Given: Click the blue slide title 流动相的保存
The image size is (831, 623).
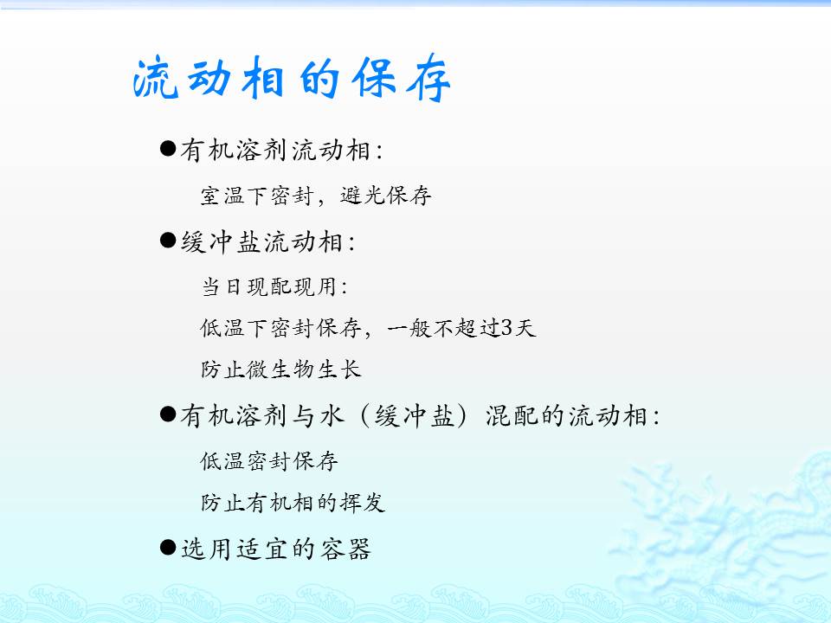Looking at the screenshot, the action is tap(292, 79).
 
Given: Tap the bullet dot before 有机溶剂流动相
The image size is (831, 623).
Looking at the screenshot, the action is tap(167, 148).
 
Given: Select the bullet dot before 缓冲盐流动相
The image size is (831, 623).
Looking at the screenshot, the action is tap(167, 241).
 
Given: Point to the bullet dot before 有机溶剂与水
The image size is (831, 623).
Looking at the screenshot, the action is tap(167, 414).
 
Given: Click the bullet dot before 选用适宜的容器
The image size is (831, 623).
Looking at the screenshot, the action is tap(167, 548).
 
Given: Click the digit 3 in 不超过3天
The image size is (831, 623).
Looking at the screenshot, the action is tap(506, 328).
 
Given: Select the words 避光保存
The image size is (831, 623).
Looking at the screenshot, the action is tap(385, 196).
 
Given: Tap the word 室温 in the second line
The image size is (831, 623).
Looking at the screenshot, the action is tap(223, 196).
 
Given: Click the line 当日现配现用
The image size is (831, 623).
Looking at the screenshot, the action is tap(268, 286).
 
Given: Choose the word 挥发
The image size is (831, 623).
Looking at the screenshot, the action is tap(363, 502).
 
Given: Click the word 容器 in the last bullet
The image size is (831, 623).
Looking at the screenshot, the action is tap(345, 549).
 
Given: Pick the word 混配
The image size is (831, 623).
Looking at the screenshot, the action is tap(512, 415).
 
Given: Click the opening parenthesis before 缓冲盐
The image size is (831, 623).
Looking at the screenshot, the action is tap(364, 415).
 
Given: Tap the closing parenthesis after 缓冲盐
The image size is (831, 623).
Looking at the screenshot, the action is tap(462, 415).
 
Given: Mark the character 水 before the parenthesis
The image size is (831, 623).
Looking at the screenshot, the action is tap(332, 415).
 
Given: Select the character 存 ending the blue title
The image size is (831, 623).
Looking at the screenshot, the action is tap(428, 79).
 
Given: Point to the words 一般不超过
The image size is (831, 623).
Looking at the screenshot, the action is tap(443, 328).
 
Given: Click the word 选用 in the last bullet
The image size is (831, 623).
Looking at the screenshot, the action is tap(206, 549).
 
